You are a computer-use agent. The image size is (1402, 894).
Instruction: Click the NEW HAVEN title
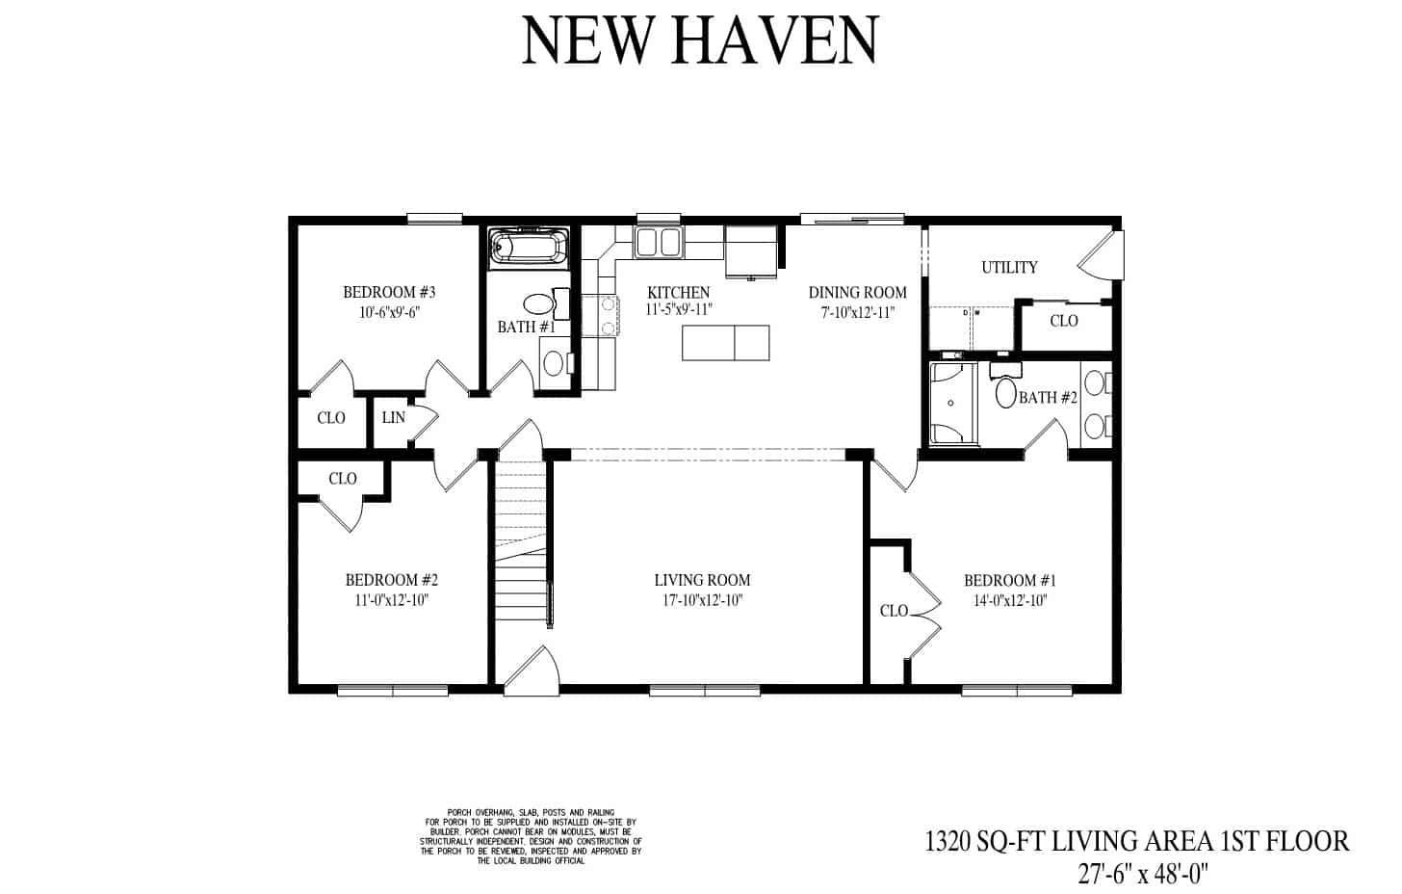[x=699, y=40]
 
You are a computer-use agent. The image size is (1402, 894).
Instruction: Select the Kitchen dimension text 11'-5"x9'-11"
[x=678, y=310]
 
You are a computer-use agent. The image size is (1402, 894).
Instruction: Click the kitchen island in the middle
[x=726, y=342]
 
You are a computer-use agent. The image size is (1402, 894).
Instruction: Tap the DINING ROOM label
[x=857, y=293]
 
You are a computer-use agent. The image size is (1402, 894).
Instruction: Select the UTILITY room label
[x=1009, y=267]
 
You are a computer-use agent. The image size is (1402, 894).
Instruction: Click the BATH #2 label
[x=1048, y=397]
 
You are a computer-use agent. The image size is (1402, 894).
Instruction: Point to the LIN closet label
[x=393, y=418]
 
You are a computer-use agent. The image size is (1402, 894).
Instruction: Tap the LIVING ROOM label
[x=702, y=580]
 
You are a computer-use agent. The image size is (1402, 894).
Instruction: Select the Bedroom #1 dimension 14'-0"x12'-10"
[x=1010, y=600]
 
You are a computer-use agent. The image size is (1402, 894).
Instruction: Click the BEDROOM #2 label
[x=392, y=580]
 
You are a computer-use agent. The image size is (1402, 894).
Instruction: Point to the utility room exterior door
[x=1099, y=255]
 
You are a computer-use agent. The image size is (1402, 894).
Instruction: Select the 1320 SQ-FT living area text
[x=1136, y=841]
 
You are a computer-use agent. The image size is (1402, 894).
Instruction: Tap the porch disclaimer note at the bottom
[x=531, y=836]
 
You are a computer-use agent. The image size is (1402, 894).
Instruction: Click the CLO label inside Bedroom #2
[x=342, y=479]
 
